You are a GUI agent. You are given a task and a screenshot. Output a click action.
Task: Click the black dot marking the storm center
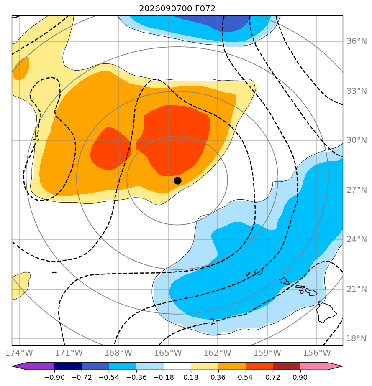(x=177, y=181)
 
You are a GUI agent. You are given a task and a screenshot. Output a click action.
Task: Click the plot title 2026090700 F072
(x=177, y=9)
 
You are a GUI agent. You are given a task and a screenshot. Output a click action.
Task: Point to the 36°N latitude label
(x=357, y=41)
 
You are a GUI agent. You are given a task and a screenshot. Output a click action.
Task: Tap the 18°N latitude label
(x=357, y=338)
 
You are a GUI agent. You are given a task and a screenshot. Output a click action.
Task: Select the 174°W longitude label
(x=19, y=353)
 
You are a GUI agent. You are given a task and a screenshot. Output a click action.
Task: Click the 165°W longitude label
(x=168, y=353)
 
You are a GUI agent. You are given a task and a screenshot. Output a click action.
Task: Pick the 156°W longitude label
(x=317, y=353)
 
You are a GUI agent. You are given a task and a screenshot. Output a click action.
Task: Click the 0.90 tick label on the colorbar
(x=300, y=377)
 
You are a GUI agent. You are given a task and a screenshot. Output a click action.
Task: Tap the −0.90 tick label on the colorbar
(x=54, y=377)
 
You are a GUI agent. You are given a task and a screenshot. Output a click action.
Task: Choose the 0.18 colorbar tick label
(x=191, y=377)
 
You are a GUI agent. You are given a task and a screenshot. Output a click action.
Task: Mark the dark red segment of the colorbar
(x=287, y=366)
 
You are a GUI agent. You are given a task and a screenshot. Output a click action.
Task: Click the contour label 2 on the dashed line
(x=213, y=322)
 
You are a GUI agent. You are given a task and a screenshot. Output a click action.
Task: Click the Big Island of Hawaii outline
(x=326, y=312)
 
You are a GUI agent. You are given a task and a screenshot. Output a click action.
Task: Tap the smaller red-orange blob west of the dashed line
(x=110, y=149)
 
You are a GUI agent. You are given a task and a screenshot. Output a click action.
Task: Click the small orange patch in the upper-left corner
(x=21, y=69)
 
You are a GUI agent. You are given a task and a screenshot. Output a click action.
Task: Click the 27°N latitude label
(x=357, y=190)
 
